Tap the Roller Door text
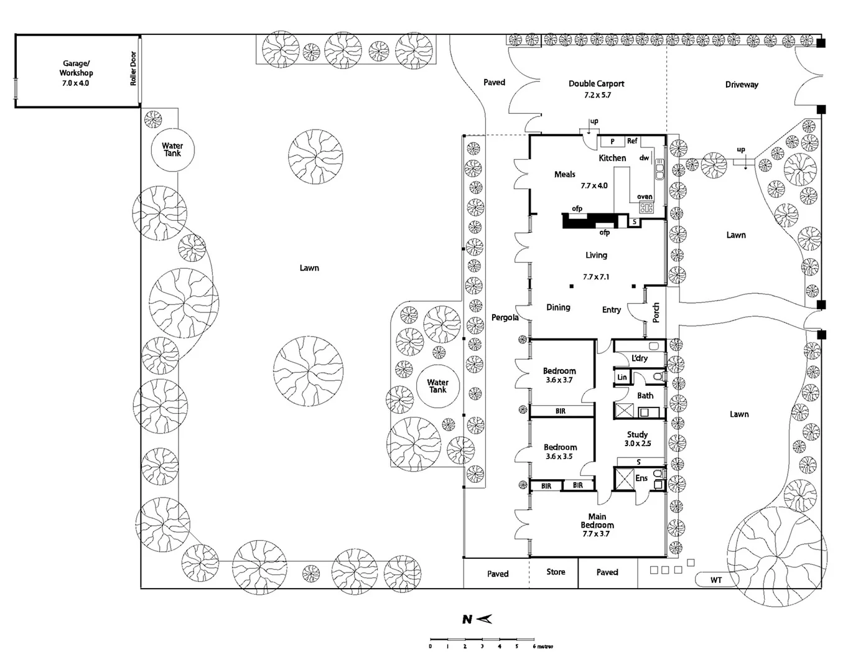[x=133, y=68]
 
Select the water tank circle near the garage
[x=172, y=149]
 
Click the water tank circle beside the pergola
[x=437, y=386]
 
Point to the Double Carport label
[x=596, y=83]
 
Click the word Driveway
[x=742, y=85]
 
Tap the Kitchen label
[x=612, y=158]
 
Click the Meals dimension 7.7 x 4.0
[x=594, y=185]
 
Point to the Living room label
[x=596, y=255]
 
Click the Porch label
[x=656, y=312]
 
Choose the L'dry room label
[x=640, y=358]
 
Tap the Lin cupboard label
[x=622, y=377]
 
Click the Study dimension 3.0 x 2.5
[x=638, y=444]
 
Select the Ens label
[x=641, y=478]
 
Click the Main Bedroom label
[x=597, y=521]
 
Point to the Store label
[x=556, y=572]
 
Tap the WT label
[x=716, y=580]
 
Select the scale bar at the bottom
[x=482, y=640]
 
